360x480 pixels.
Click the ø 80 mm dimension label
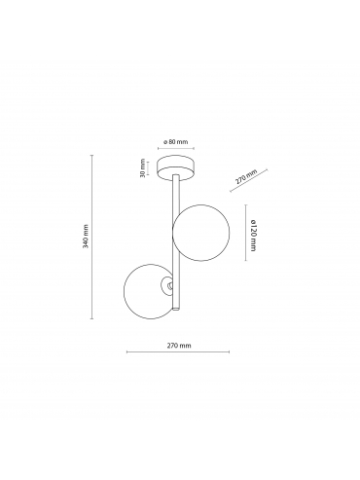coord(176,141)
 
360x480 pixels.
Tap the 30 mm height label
coord(142,168)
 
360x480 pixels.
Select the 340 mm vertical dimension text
coord(86,237)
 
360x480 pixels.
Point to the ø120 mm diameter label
coord(253,235)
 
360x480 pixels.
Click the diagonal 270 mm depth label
coord(246,177)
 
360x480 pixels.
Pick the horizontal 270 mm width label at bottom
coord(179,346)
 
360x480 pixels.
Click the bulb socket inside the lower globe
coord(167,285)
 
